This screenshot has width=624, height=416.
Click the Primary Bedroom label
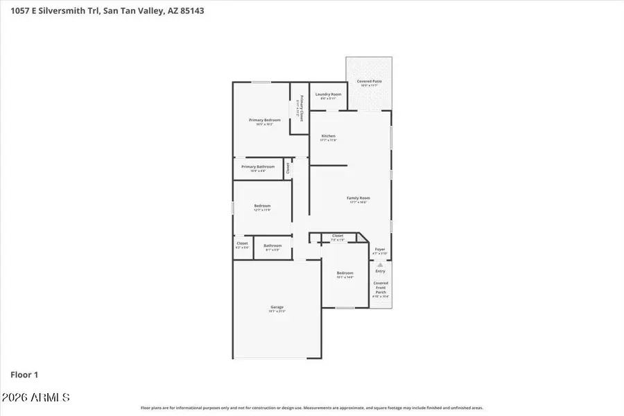point(265,120)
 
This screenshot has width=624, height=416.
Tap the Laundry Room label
point(328,94)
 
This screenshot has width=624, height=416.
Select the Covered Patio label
point(369,81)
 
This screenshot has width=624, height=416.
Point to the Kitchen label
point(328,136)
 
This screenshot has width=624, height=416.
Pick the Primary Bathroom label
point(258,166)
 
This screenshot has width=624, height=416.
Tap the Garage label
point(277,307)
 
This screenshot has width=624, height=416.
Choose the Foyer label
point(380,250)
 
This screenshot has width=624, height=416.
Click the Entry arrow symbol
point(380,263)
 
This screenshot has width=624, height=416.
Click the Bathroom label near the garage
point(272,245)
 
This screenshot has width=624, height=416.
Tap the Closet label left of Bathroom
point(242,243)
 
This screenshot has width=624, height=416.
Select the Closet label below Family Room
point(338,236)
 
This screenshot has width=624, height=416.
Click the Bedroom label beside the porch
point(345,273)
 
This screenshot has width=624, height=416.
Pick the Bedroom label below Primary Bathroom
point(262,206)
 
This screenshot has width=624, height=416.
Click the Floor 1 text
point(24,374)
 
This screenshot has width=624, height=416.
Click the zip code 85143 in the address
point(191,11)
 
